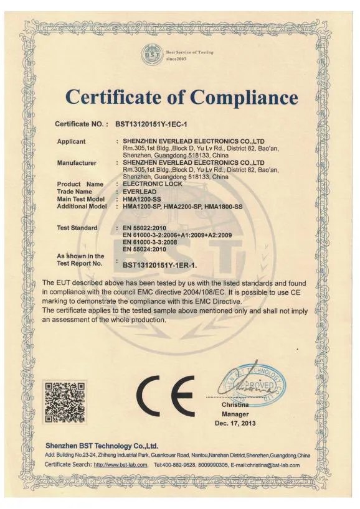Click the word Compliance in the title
[x=244, y=98]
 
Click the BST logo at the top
[x=151, y=52]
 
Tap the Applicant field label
[x=71, y=141]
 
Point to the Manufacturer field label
[x=77, y=163]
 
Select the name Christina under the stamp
[x=235, y=405]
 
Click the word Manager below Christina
[x=235, y=414]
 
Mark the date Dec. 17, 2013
[x=235, y=423]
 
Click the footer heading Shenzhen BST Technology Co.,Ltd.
[x=102, y=446]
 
